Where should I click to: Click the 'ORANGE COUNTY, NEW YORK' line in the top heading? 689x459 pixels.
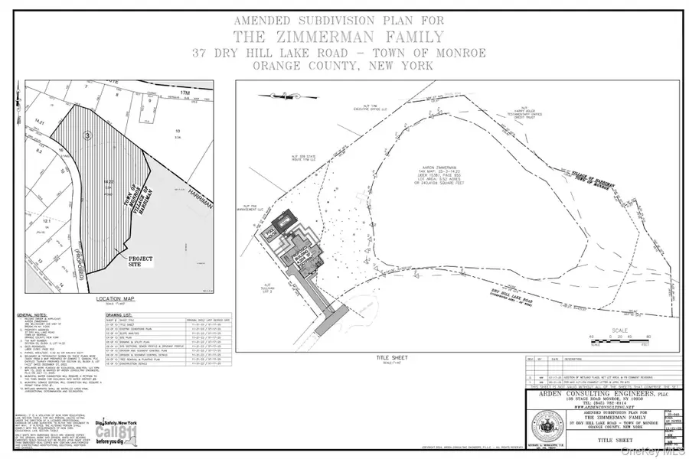coord(344,66)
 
